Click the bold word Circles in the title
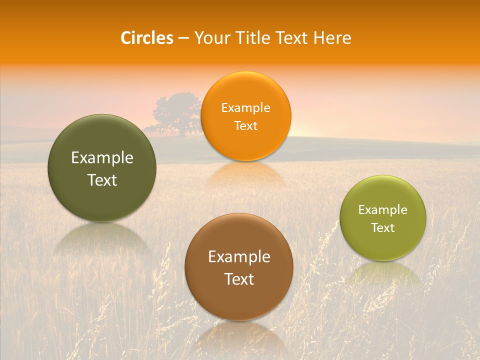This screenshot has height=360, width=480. [147, 38]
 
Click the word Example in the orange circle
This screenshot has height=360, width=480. [245, 108]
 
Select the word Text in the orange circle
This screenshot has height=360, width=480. [245, 126]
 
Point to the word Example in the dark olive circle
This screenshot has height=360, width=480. [102, 158]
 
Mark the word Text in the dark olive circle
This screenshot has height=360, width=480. [102, 180]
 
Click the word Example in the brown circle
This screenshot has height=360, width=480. [239, 257]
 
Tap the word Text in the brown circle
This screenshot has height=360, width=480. [239, 279]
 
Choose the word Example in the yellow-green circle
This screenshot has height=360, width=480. [383, 210]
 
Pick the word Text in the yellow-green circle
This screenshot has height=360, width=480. [383, 228]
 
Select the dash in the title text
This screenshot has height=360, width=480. [183, 38]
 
